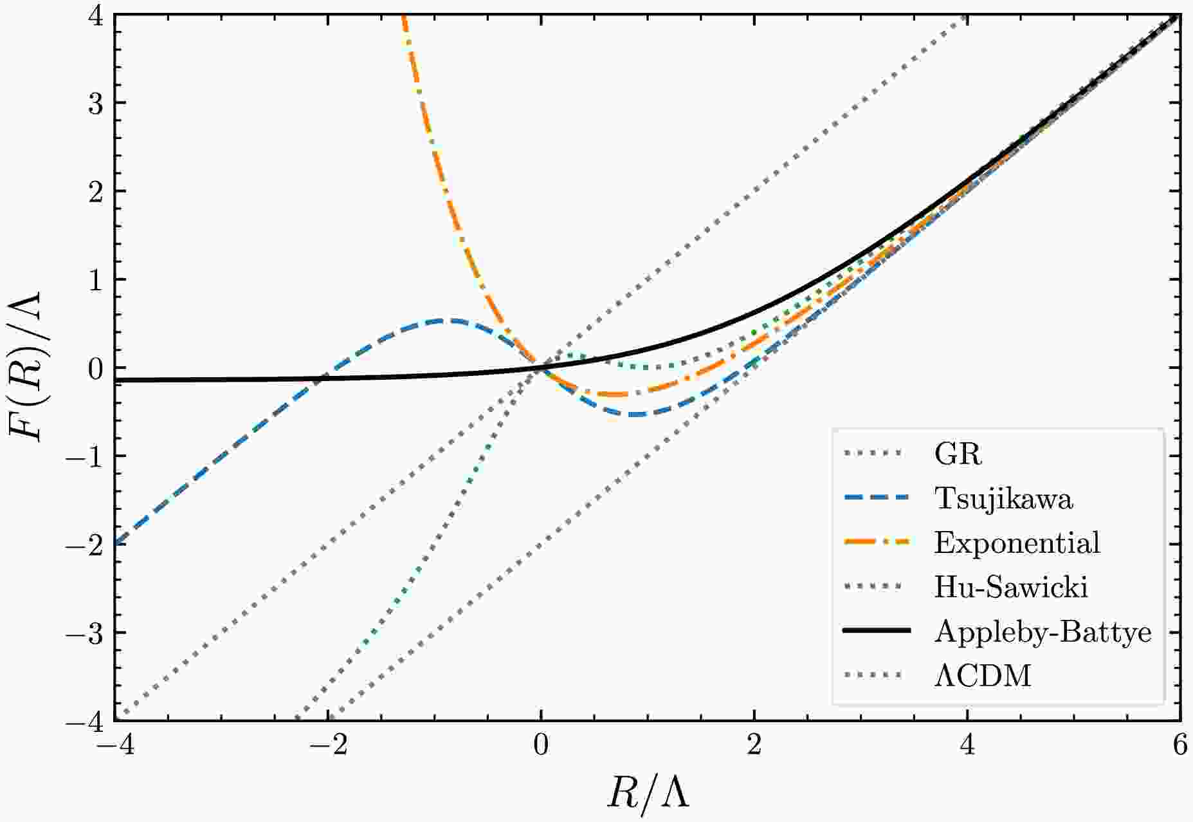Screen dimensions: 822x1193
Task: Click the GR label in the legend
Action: (958, 454)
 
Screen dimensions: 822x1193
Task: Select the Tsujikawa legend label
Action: (1004, 499)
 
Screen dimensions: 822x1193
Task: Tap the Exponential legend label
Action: (1017, 543)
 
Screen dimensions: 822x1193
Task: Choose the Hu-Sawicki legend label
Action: (1011, 588)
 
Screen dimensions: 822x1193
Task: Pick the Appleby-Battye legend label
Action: (1043, 632)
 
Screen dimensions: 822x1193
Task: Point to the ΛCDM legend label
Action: (983, 677)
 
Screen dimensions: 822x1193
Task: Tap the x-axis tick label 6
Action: (1179, 746)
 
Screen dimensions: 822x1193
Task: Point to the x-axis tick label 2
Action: (754, 746)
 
